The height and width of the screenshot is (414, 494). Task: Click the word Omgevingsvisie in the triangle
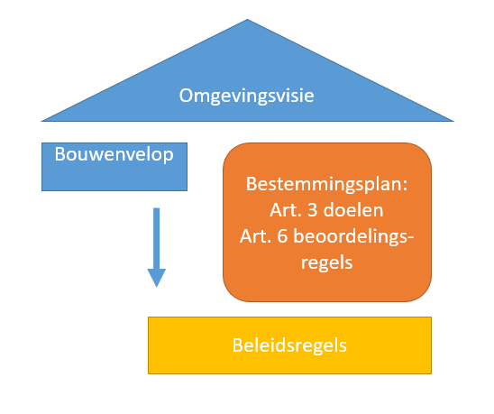[x=247, y=96]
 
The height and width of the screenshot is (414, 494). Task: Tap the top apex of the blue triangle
[x=247, y=20]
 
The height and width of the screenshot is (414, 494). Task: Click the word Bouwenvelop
[x=114, y=154]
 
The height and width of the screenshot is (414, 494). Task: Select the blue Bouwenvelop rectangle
[x=114, y=167]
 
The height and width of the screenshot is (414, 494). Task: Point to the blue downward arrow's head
[x=157, y=278]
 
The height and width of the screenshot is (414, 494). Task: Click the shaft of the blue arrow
[x=157, y=238]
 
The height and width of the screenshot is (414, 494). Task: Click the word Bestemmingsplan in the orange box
[x=324, y=184]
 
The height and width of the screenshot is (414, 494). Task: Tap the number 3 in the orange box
[x=313, y=210]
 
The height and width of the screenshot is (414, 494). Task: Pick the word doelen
[x=353, y=210]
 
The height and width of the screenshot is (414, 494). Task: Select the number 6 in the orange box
[x=282, y=236]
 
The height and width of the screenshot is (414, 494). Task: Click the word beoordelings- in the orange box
[x=353, y=237]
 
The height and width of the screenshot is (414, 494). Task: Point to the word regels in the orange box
[x=326, y=263]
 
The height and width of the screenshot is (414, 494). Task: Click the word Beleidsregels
[x=289, y=345]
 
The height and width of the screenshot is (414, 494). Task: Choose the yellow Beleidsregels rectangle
[x=290, y=345]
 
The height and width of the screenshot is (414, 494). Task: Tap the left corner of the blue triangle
[x=41, y=121]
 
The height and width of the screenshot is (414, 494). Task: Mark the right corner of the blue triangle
[x=453, y=121]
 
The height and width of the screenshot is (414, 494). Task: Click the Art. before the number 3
[x=287, y=210]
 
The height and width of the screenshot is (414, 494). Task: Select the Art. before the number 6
[x=256, y=236]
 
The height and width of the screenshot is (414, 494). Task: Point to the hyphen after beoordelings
[x=410, y=239]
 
